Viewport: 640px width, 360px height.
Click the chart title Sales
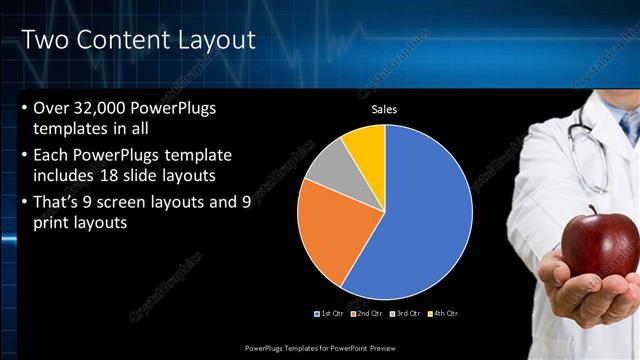point(386,110)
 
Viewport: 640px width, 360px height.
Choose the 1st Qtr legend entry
point(331,314)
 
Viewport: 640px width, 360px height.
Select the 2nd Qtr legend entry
point(367,314)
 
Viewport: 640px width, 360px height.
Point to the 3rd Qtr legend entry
point(405,314)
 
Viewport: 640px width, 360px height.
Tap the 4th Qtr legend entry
point(442,314)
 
